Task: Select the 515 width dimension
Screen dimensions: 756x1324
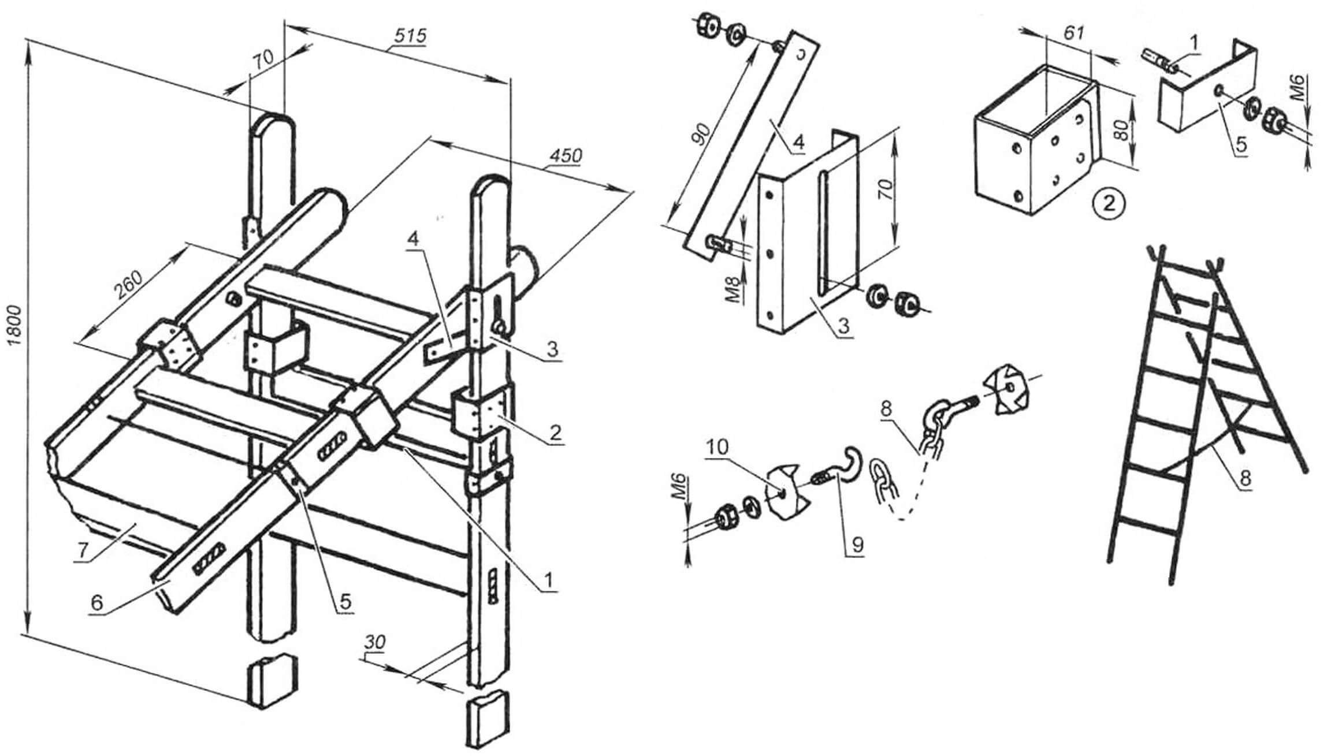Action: pyautogui.click(x=410, y=36)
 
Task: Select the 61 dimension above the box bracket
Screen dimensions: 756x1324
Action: pyautogui.click(x=1073, y=33)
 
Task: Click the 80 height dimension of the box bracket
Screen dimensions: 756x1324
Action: pyautogui.click(x=1122, y=132)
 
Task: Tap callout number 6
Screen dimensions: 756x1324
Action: pyautogui.click(x=96, y=603)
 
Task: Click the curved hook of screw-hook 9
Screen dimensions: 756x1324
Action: pyautogui.click(x=853, y=461)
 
